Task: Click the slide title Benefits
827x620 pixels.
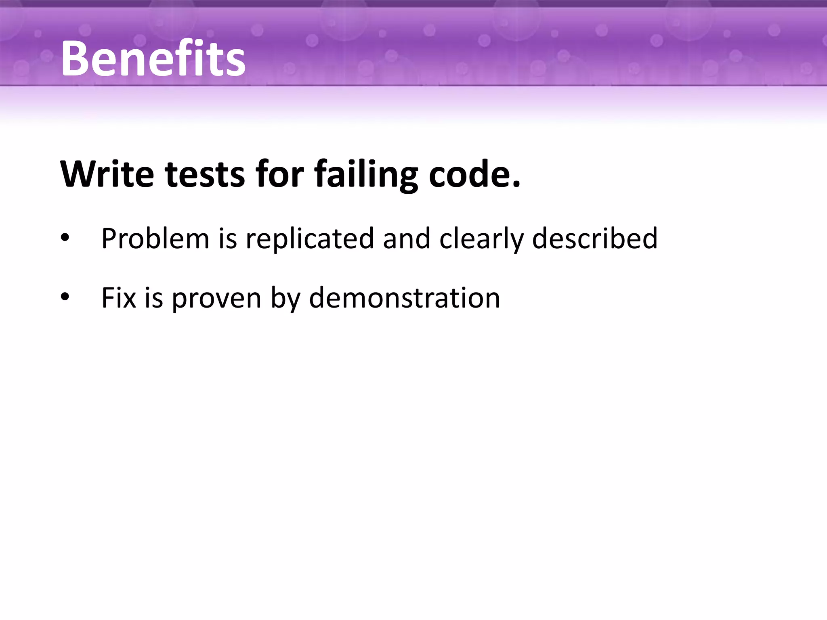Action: (153, 59)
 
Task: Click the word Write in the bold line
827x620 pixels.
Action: (107, 174)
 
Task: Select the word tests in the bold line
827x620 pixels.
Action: (205, 174)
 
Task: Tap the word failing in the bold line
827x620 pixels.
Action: (366, 174)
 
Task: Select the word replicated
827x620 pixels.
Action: (310, 239)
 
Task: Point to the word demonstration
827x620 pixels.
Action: (404, 298)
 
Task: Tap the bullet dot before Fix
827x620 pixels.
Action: (65, 298)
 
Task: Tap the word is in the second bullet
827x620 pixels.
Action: (154, 298)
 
